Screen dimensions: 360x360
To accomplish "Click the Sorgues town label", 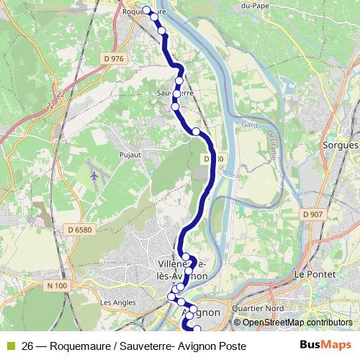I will point(341,145).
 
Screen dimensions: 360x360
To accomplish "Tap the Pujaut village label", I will point(130,154).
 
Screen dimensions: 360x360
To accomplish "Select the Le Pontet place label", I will point(312,274).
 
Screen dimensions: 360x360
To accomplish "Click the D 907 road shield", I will point(313,214).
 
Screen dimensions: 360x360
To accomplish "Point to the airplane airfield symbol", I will point(94,175).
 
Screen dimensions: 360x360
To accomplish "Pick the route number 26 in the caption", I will point(28,346).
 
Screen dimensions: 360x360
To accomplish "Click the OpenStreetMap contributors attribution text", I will point(297,323).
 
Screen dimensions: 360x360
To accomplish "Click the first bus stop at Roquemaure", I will point(147,10).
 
